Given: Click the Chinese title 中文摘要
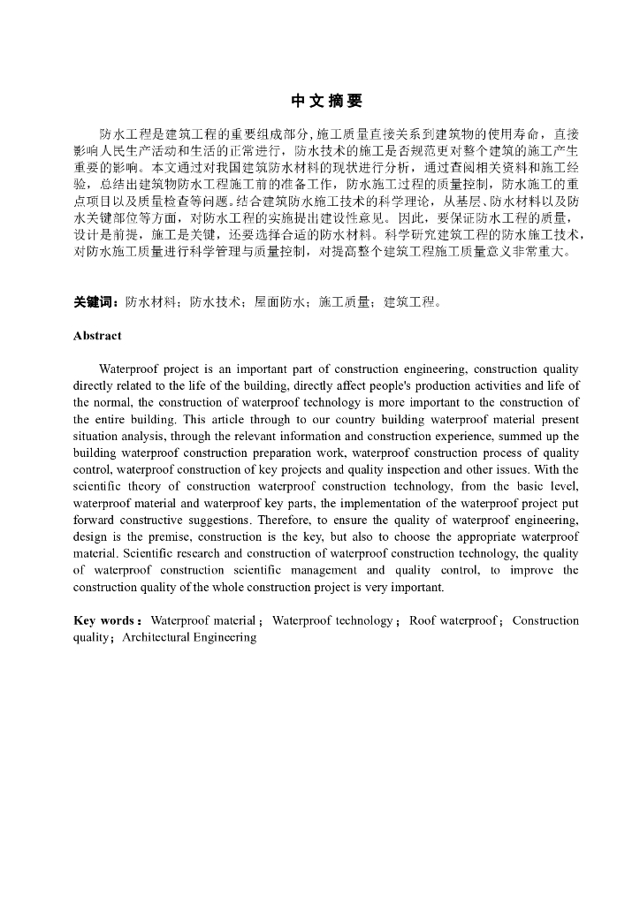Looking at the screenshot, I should [327, 101].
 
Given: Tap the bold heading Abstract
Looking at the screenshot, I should [97, 336].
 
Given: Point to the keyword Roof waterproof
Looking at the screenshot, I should [453, 620].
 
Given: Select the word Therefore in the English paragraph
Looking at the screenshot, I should [243, 520].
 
